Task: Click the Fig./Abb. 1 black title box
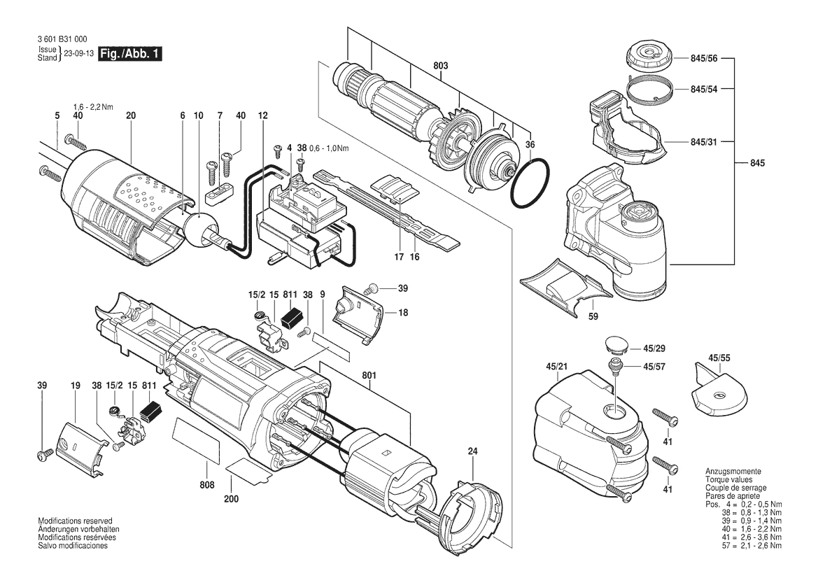point(131,54)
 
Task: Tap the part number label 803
point(440,66)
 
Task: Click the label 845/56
point(703,60)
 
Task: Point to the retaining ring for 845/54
point(649,89)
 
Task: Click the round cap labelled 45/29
point(614,345)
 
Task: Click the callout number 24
point(472,451)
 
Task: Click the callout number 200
point(232,499)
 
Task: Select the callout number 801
point(369,375)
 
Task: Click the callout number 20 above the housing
point(131,115)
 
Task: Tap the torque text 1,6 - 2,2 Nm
point(93,106)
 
